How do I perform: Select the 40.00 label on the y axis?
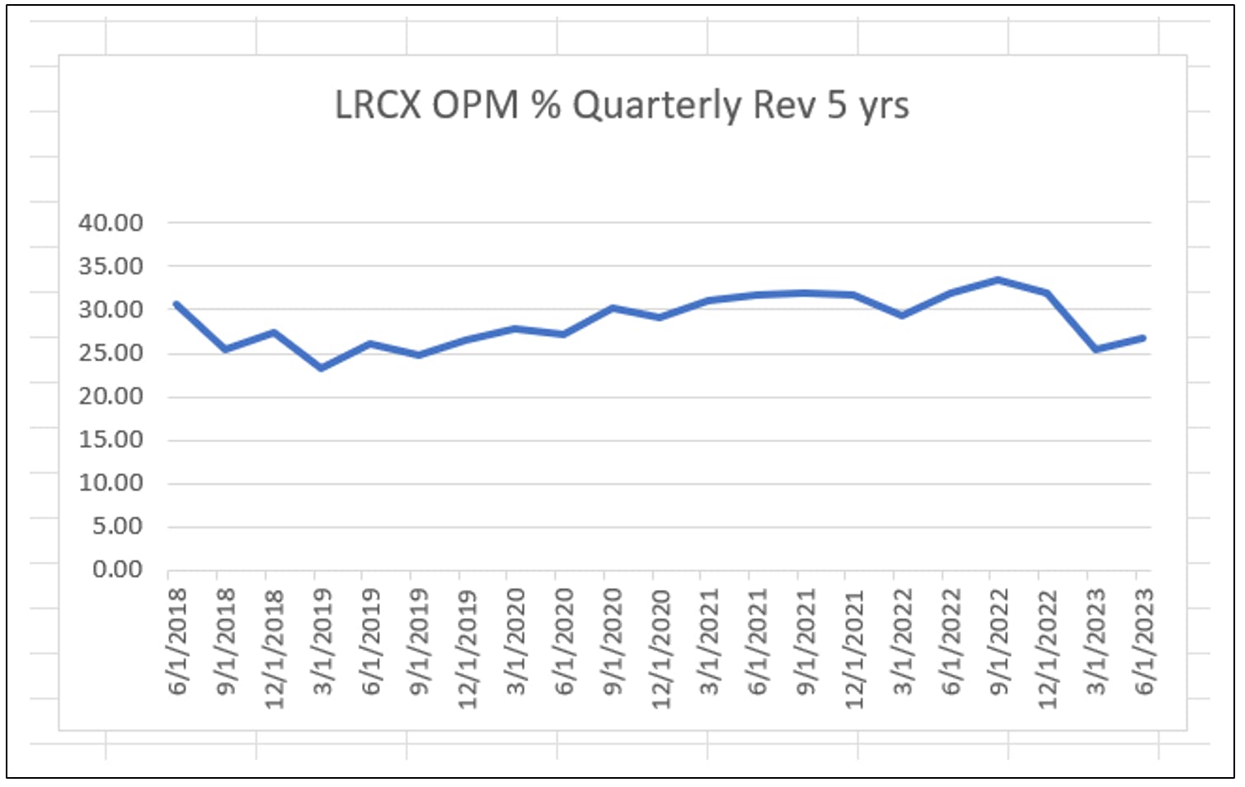click(110, 223)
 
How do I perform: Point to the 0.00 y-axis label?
click(117, 569)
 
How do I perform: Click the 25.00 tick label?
click(110, 353)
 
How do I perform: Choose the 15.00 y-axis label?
click(110, 440)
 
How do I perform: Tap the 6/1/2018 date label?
click(177, 642)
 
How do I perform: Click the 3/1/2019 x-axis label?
click(322, 642)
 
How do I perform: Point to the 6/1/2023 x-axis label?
click(1144, 642)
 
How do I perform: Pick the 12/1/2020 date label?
click(661, 649)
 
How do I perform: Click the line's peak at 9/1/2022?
click(998, 280)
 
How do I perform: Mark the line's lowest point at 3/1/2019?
click(322, 368)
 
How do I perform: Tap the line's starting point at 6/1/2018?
click(176, 304)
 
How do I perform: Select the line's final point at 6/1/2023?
click(1143, 337)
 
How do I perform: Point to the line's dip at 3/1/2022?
click(902, 315)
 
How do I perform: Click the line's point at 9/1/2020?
click(612, 308)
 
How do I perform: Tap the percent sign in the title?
click(546, 105)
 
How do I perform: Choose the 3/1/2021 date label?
click(709, 642)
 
